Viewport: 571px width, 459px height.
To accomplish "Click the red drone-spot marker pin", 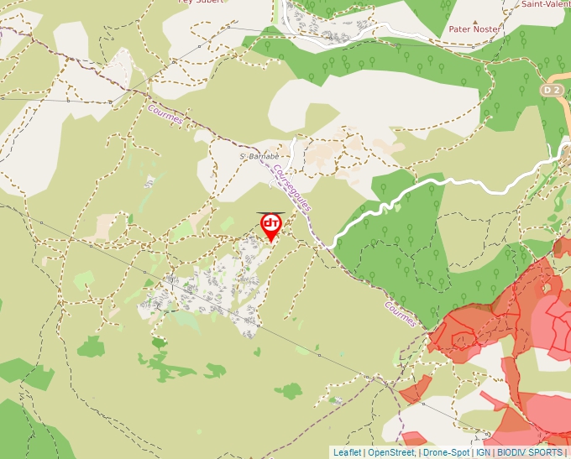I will point(271,226).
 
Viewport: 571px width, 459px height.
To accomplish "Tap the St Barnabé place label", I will point(256,156).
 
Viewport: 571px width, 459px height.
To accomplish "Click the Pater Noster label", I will point(474,29).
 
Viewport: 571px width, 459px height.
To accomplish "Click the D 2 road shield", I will point(550,89).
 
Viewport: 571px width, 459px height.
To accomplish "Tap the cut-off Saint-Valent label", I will point(545,4).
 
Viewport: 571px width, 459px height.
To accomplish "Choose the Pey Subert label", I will point(200,3).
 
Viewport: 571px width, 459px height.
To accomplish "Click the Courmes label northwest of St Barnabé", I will point(165,114).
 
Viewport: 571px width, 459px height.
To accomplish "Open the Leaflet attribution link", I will point(347,452).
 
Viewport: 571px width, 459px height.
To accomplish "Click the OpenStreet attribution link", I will point(391,452).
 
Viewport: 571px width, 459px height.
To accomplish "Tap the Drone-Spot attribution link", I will point(446,452).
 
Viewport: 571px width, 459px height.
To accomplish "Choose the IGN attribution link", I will point(483,452).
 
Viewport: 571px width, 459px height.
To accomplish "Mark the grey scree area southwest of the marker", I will point(210,285).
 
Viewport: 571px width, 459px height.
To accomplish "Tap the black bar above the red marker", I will point(270,213).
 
